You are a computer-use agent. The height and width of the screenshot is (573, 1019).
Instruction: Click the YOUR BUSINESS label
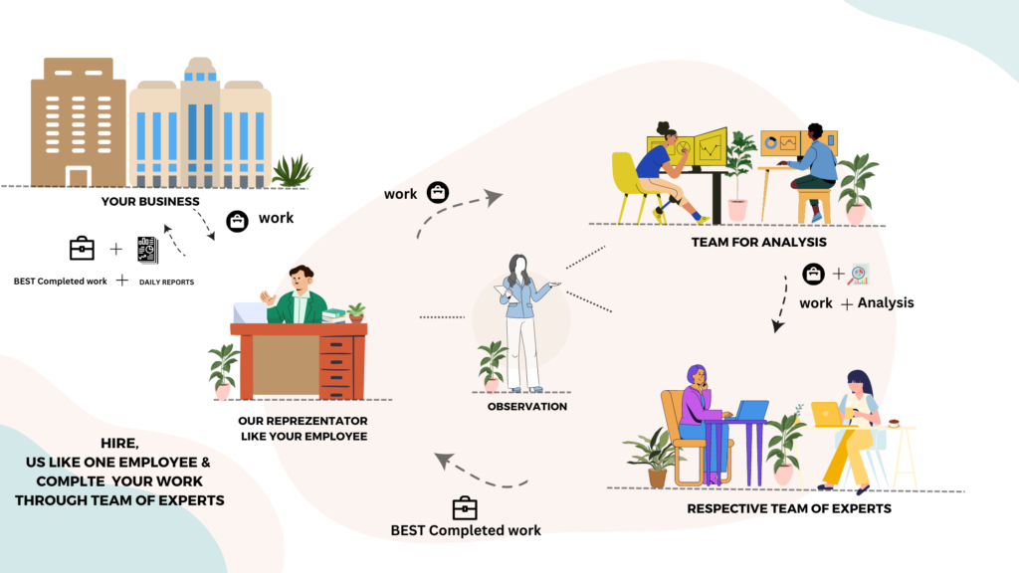click(150, 202)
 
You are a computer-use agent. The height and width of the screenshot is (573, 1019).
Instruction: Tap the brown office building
click(77, 121)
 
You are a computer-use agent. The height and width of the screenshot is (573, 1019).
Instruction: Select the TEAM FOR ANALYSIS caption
click(759, 242)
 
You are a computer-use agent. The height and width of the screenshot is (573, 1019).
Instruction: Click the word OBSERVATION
click(527, 406)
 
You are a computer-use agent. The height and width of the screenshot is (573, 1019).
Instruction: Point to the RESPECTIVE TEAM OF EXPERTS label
click(789, 508)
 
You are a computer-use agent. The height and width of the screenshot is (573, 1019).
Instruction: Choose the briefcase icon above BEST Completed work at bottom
click(465, 507)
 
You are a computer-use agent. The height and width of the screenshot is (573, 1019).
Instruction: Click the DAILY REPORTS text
click(166, 283)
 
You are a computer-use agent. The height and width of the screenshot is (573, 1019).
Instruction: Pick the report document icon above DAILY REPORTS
click(147, 250)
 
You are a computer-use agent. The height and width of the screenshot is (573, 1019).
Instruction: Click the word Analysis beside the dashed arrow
click(886, 302)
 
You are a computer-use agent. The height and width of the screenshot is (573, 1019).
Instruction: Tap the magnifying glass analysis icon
click(859, 274)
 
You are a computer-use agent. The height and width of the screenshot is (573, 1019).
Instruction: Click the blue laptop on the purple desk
click(751, 410)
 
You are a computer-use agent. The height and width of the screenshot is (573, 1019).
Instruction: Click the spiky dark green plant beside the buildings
click(292, 172)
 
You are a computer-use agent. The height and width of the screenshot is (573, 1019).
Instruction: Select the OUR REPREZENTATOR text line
click(303, 420)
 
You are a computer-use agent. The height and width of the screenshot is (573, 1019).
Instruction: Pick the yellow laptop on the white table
click(826, 413)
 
